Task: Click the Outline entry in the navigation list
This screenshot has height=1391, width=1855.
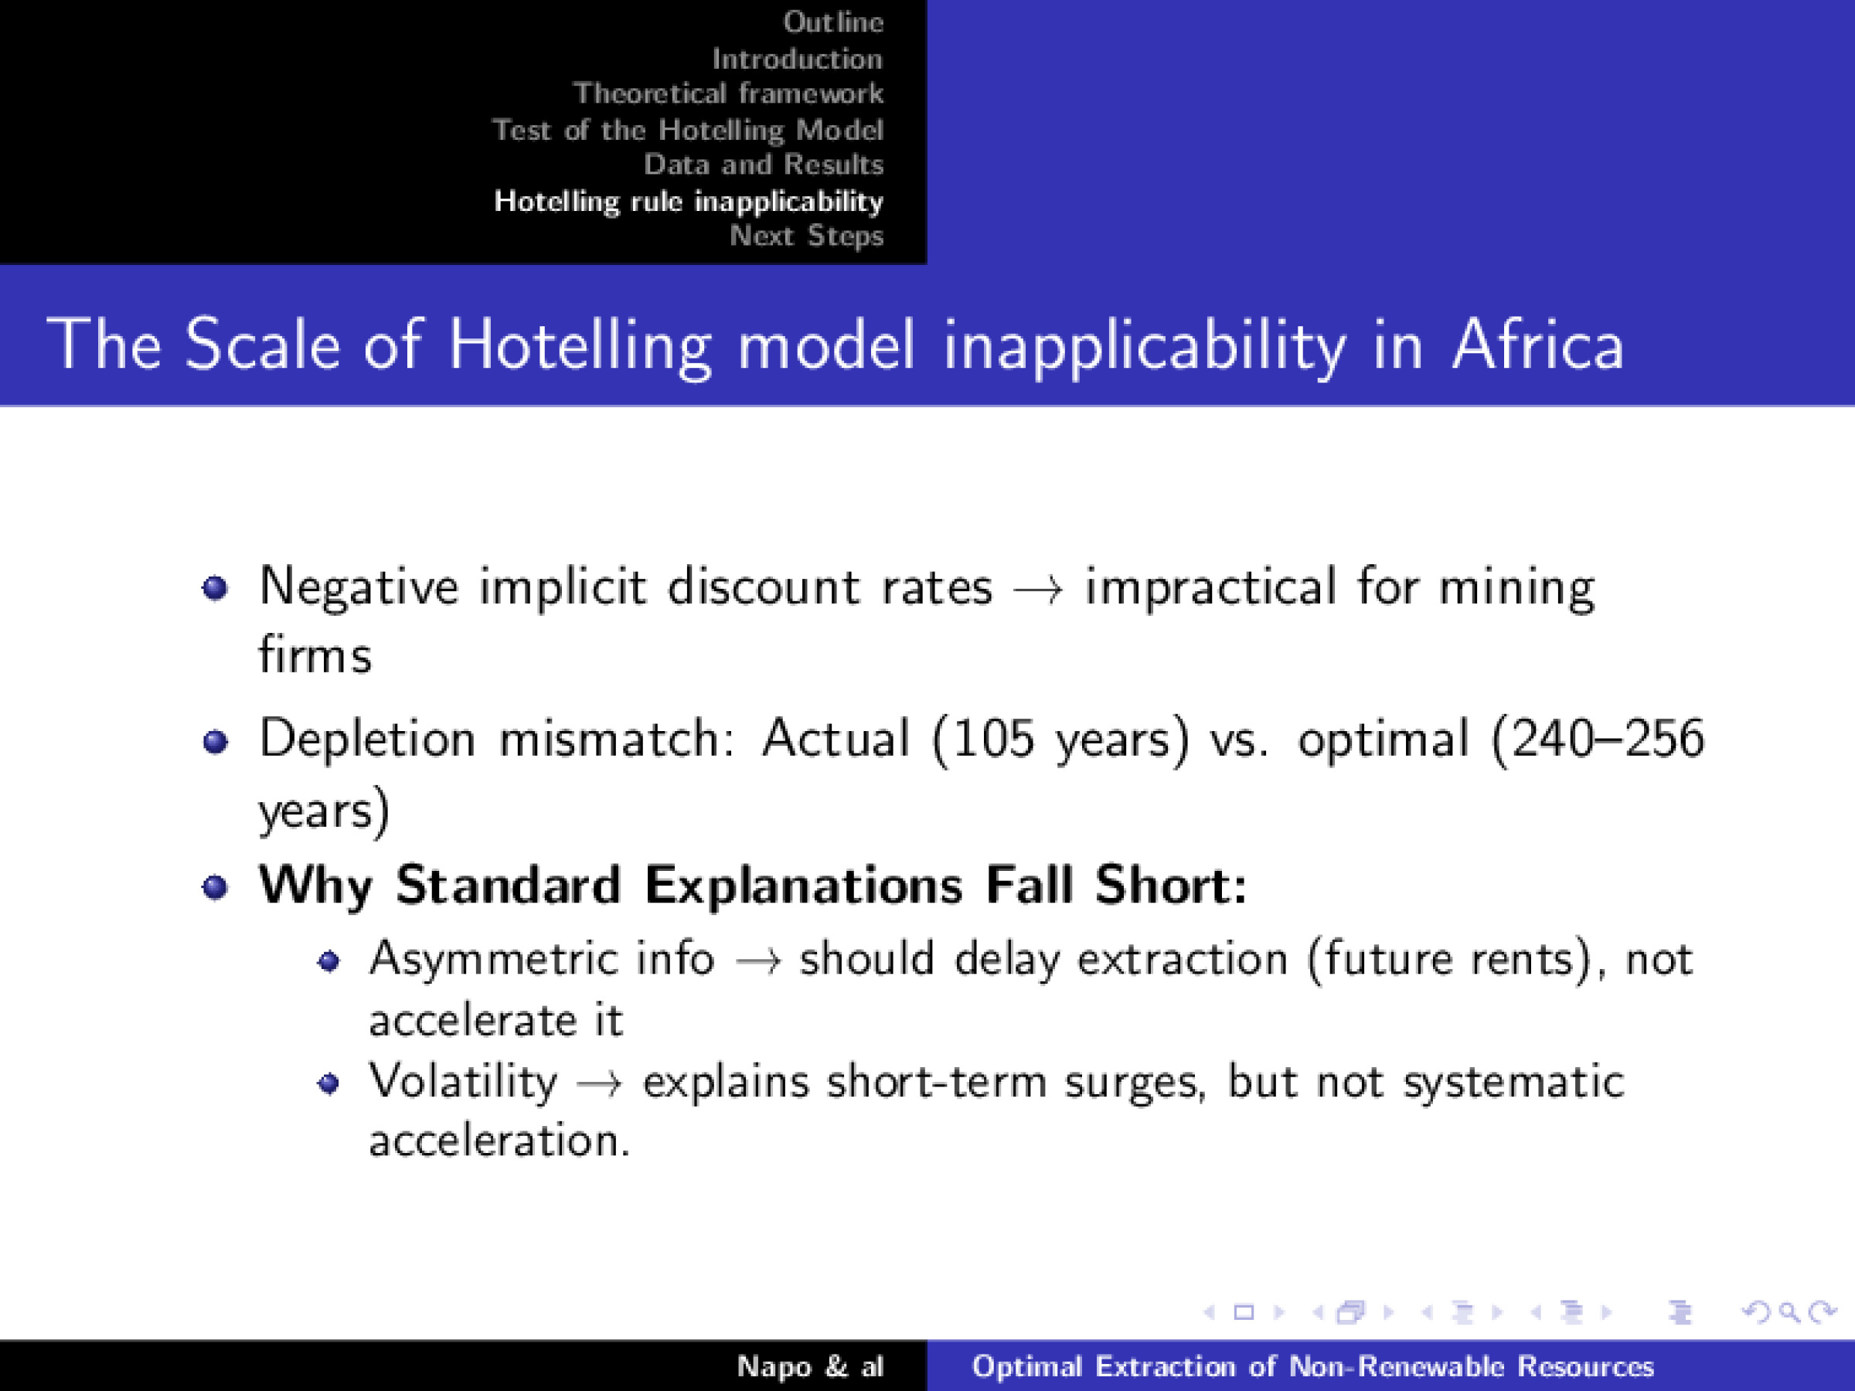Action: (832, 22)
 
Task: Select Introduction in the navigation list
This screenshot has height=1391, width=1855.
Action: (797, 59)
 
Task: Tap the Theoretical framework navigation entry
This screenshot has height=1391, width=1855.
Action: (728, 93)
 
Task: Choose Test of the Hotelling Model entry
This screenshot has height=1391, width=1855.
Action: (687, 130)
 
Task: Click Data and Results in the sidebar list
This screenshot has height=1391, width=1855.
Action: (763, 165)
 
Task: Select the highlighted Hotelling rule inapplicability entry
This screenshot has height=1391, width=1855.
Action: (689, 201)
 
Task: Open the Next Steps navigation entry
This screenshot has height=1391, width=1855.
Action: (806, 236)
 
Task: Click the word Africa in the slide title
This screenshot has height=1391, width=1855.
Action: (1538, 345)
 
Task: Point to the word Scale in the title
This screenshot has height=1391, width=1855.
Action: (263, 345)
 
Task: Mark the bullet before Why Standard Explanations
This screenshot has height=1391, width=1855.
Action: (216, 886)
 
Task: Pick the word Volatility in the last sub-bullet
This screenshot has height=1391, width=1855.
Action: (463, 1081)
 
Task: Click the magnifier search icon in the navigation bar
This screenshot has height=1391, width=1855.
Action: (1789, 1312)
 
